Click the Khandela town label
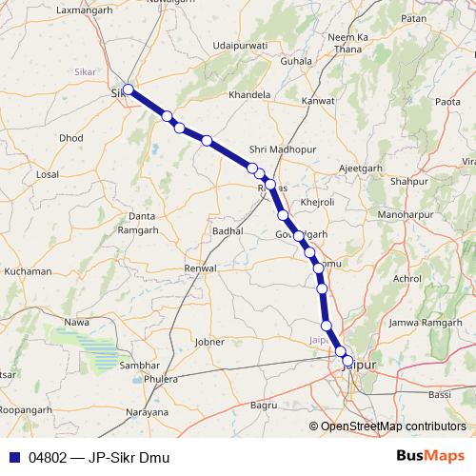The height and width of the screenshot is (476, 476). point(250,95)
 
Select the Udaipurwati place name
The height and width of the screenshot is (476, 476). point(242,45)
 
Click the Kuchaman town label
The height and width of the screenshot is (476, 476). point(28,271)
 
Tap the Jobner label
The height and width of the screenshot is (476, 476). point(208,341)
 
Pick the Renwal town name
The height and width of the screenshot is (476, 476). point(201,269)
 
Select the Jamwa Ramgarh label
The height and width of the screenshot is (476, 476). point(425,325)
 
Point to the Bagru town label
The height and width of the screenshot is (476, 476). point(264,406)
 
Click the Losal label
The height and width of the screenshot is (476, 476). point(47,175)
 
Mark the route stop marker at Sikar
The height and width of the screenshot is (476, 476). point(128,90)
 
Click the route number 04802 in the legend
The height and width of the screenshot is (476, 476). point(48,457)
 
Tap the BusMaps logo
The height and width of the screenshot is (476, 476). point(430,456)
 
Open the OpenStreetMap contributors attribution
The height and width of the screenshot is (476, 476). point(393,426)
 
